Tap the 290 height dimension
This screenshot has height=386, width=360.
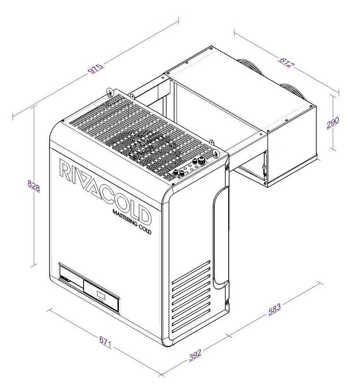(x=333, y=123)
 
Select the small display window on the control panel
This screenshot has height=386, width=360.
(x=100, y=293)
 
